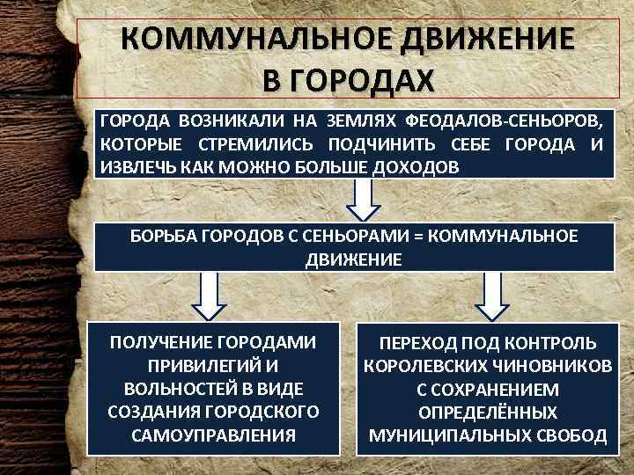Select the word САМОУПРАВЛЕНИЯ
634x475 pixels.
[x=211, y=435]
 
